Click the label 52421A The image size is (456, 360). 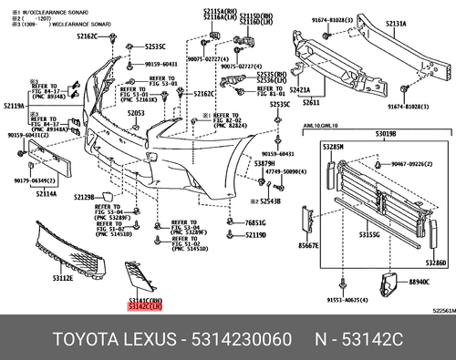coord(301,92)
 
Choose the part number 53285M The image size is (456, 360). coord(333,147)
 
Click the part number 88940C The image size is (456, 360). coord(419,283)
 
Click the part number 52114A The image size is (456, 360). coord(47,192)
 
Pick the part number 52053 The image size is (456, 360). coord(136,113)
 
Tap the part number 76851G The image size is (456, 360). coord(255,222)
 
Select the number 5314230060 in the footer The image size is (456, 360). coord(239,340)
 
